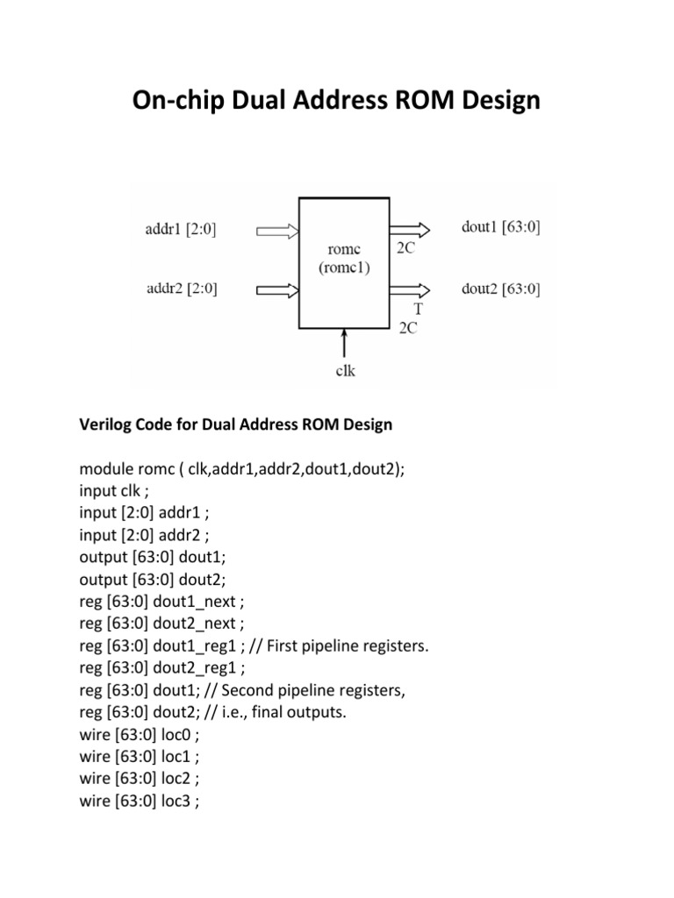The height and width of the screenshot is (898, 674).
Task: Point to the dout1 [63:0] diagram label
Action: [500, 228]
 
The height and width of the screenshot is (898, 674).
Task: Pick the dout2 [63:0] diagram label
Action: [500, 288]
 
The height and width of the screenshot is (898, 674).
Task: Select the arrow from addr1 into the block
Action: [277, 231]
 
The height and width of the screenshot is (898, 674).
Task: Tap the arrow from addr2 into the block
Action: [277, 289]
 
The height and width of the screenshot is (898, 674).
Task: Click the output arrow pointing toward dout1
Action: [410, 230]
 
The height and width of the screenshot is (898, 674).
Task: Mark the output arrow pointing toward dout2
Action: [410, 289]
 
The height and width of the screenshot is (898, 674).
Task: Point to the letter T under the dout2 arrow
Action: [418, 309]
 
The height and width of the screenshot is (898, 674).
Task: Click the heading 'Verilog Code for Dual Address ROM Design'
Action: [236, 425]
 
